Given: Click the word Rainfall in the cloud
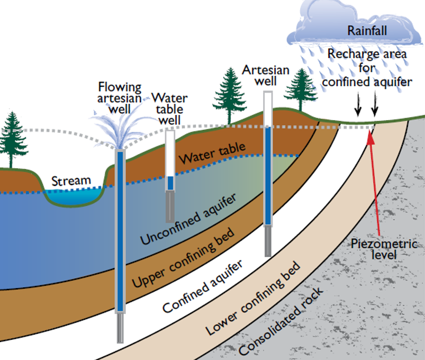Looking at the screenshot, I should click(367, 30).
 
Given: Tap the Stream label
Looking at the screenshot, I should click(70, 181).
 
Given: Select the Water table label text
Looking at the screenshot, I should click(212, 152).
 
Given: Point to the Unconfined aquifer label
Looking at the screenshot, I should click(188, 220).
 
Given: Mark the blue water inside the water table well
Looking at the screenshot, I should click(170, 183).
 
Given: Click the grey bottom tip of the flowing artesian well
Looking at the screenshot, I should click(120, 328).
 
